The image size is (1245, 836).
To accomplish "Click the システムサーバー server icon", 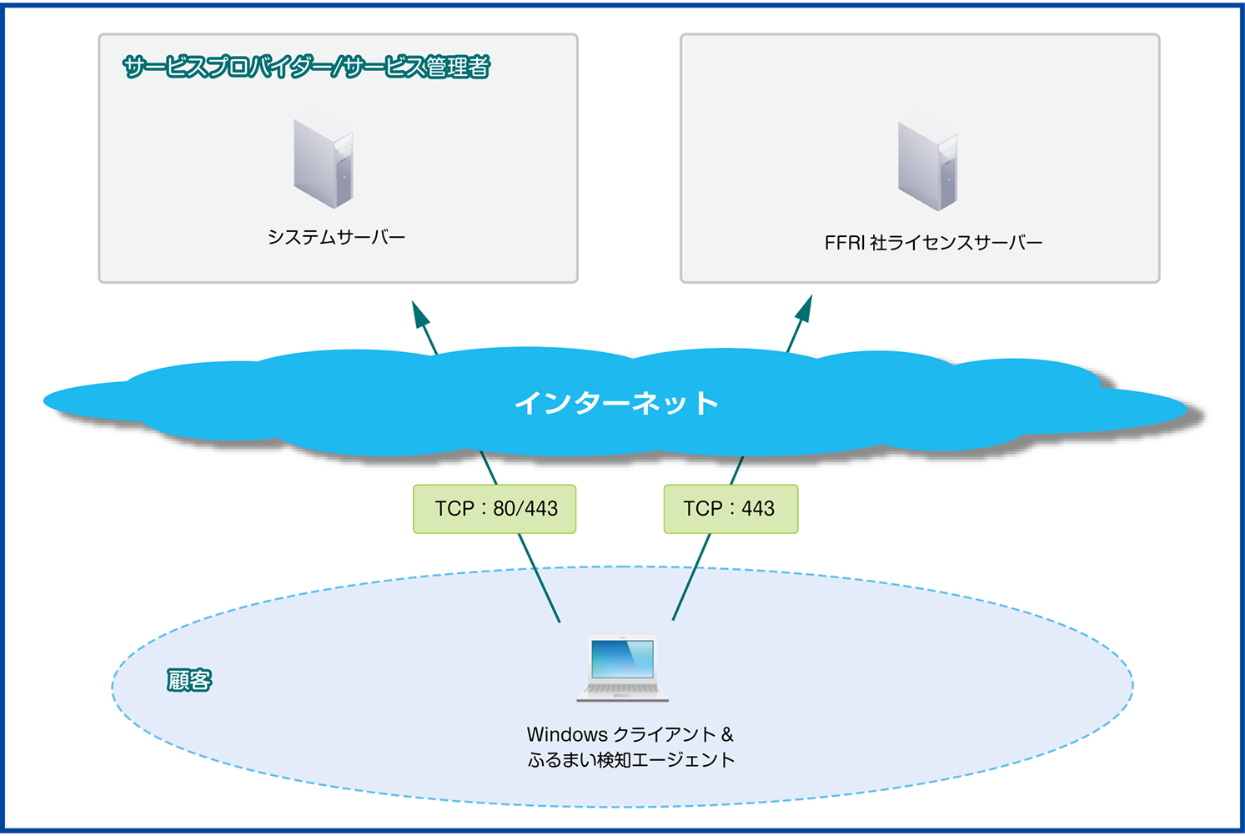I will coord(324,162).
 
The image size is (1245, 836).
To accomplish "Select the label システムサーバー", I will coord(336,238).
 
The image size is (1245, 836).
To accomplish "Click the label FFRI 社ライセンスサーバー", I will coord(933,243).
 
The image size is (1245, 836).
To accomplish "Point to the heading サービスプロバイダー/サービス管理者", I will coord(306,67).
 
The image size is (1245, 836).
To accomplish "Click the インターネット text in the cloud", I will coord(616,403).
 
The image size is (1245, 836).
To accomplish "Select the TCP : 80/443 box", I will coord(494,509).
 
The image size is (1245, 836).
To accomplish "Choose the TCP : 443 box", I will coord(730,509).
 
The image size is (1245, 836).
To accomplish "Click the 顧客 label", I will coord(189,681).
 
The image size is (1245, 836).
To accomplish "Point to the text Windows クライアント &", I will coord(630,735).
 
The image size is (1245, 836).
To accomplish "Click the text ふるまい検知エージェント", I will coord(630,760).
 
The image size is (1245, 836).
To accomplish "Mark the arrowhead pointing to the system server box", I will coord(421,315).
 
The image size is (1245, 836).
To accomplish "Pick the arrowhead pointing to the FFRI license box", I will coord(804,309).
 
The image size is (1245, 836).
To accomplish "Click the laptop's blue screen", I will coord(622,659).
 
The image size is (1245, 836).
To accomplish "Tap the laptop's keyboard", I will coord(622,690).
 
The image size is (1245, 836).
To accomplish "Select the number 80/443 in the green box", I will coord(525,509).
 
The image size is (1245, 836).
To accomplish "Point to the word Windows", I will coord(567,735).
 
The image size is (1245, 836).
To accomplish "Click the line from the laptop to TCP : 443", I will coord(691,577).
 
